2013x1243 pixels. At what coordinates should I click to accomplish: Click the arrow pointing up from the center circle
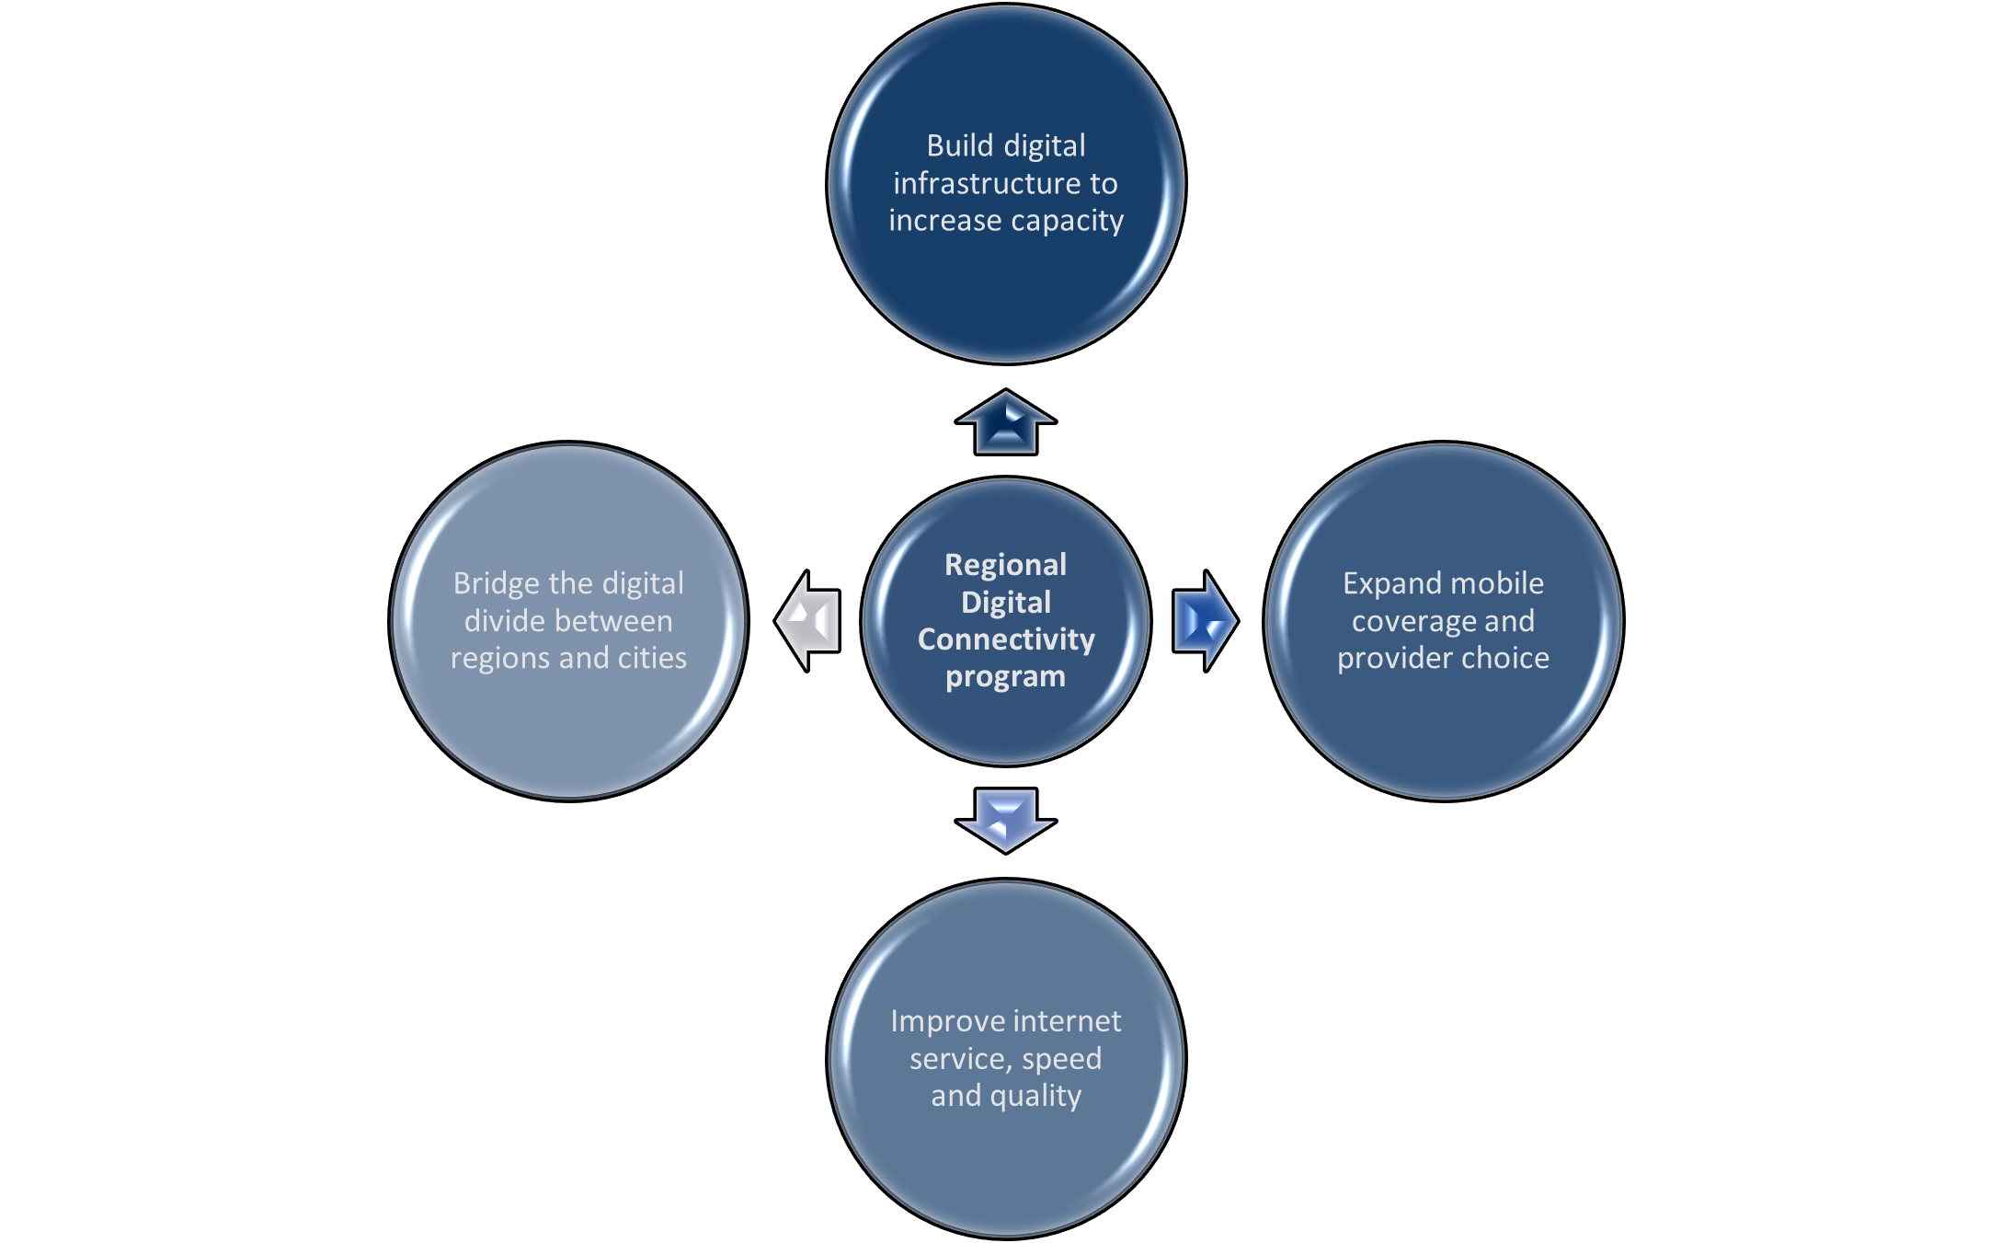(1005, 424)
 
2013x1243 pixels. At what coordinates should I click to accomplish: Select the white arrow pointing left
(808, 621)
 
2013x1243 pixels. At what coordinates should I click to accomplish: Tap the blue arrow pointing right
(1204, 621)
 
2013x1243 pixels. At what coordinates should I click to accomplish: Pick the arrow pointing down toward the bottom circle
(1005, 819)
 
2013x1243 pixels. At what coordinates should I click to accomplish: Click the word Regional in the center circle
(1005, 565)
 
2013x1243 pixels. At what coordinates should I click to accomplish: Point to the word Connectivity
(1006, 639)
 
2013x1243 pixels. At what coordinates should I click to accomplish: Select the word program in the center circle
(1005, 677)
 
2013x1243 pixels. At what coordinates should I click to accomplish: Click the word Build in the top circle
(960, 146)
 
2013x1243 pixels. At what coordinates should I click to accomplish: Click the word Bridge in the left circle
(497, 584)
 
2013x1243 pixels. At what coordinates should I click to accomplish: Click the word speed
(1061, 1059)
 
